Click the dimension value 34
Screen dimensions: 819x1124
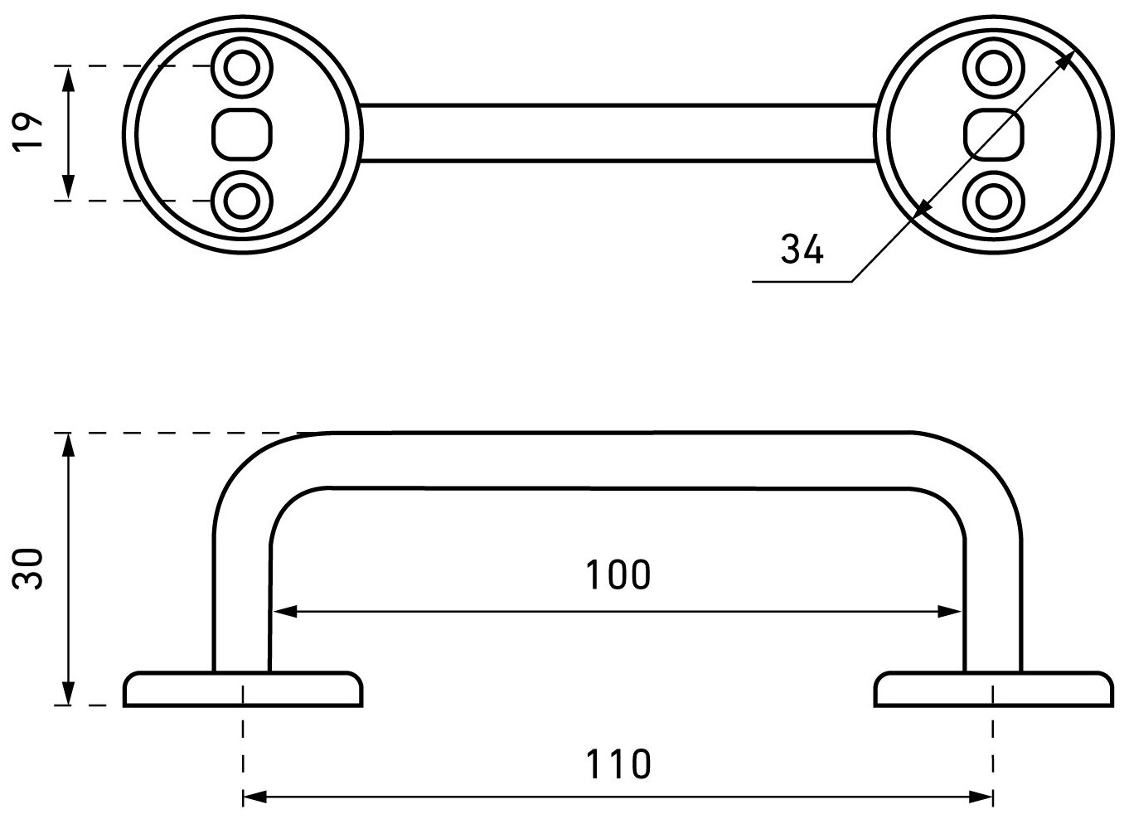coord(802,249)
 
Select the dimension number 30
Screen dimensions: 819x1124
coord(30,568)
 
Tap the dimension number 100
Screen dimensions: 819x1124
coord(618,574)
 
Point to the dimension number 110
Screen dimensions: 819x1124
coord(618,763)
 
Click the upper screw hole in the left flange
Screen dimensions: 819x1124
coord(242,66)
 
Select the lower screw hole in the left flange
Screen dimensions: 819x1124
coord(242,200)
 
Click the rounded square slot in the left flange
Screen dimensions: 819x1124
coord(242,133)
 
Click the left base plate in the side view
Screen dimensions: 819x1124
coord(243,690)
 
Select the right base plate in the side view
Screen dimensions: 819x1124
coord(993,690)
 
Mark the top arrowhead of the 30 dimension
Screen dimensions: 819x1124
coord(69,444)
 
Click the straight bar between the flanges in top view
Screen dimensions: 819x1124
coord(618,133)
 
